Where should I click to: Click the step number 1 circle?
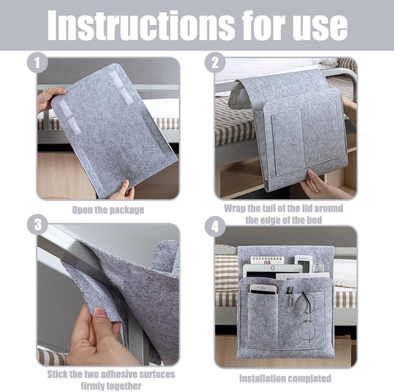[37, 62]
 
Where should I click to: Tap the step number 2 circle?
[215, 62]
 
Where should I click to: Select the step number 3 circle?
[37, 225]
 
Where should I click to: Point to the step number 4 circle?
[215, 227]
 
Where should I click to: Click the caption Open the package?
[108, 210]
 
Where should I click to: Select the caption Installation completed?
[285, 378]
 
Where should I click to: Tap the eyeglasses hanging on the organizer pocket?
[306, 316]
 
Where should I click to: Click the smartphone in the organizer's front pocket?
[263, 289]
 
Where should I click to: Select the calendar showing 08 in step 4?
[267, 260]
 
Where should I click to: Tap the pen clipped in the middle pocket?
[290, 297]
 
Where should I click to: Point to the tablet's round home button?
[273, 268]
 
